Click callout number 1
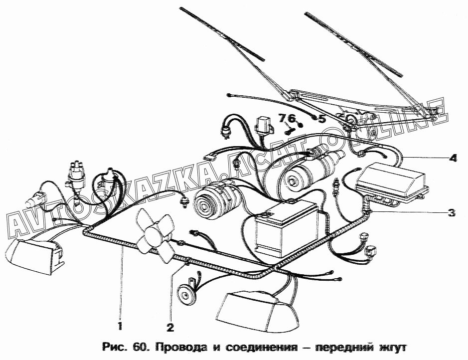tap(120, 327)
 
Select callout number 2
tap(170, 328)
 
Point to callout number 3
tap(451, 213)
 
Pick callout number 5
tap(321, 119)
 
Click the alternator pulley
tap(205, 201)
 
